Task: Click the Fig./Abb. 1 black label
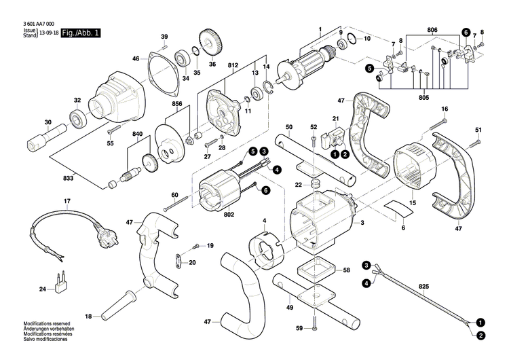point(80,33)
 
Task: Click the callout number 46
point(136,59)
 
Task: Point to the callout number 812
point(233,62)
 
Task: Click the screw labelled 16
point(442,123)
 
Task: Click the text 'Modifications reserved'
point(42,342)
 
